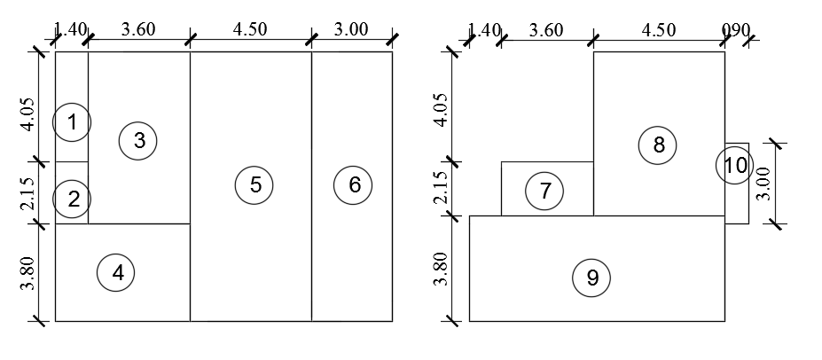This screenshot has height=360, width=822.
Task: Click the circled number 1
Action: [x=71, y=122]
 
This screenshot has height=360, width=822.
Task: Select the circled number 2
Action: [x=71, y=199]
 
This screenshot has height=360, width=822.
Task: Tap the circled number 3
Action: [x=138, y=140]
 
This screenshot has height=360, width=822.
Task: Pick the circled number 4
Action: [x=117, y=273]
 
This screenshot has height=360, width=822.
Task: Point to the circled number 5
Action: [x=254, y=184]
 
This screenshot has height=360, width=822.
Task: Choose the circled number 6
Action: [x=354, y=184]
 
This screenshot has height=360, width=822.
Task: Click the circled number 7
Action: [x=544, y=190]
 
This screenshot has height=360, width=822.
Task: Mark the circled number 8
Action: [x=658, y=145]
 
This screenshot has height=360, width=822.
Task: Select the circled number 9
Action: [x=592, y=278]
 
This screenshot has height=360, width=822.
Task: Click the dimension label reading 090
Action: [x=736, y=29]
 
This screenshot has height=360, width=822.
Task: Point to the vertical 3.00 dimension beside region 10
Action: [x=763, y=184]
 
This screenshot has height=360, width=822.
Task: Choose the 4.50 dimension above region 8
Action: [x=658, y=29]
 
